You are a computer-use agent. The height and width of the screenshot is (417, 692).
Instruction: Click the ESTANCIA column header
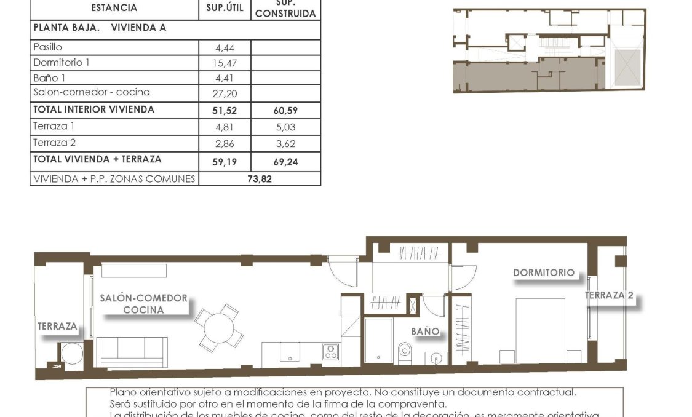point(114,9)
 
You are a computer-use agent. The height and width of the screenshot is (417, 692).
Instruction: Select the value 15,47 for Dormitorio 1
point(226,63)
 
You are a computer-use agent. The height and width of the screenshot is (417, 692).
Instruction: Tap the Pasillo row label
point(48,47)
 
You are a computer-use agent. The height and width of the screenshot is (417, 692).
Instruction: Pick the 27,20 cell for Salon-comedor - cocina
point(226,94)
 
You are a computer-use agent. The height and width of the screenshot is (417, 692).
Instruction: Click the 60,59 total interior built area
point(285,111)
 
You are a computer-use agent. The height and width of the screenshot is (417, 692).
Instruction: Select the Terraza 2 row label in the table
point(54,142)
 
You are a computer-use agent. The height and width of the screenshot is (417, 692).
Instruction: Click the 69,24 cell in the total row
point(285,160)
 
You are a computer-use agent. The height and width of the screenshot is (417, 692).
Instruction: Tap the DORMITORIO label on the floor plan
point(543,272)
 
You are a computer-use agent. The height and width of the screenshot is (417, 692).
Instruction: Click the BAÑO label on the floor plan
point(425,331)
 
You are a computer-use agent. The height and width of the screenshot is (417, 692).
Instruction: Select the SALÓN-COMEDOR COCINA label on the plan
point(144,304)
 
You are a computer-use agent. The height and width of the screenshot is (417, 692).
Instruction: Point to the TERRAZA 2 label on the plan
point(608,295)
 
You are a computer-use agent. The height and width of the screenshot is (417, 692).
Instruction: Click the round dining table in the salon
point(219,327)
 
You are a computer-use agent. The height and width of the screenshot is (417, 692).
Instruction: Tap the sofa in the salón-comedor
point(132,351)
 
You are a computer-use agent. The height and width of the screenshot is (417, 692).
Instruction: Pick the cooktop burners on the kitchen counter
point(331,352)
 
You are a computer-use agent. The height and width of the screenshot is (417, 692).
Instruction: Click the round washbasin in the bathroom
point(439,358)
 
